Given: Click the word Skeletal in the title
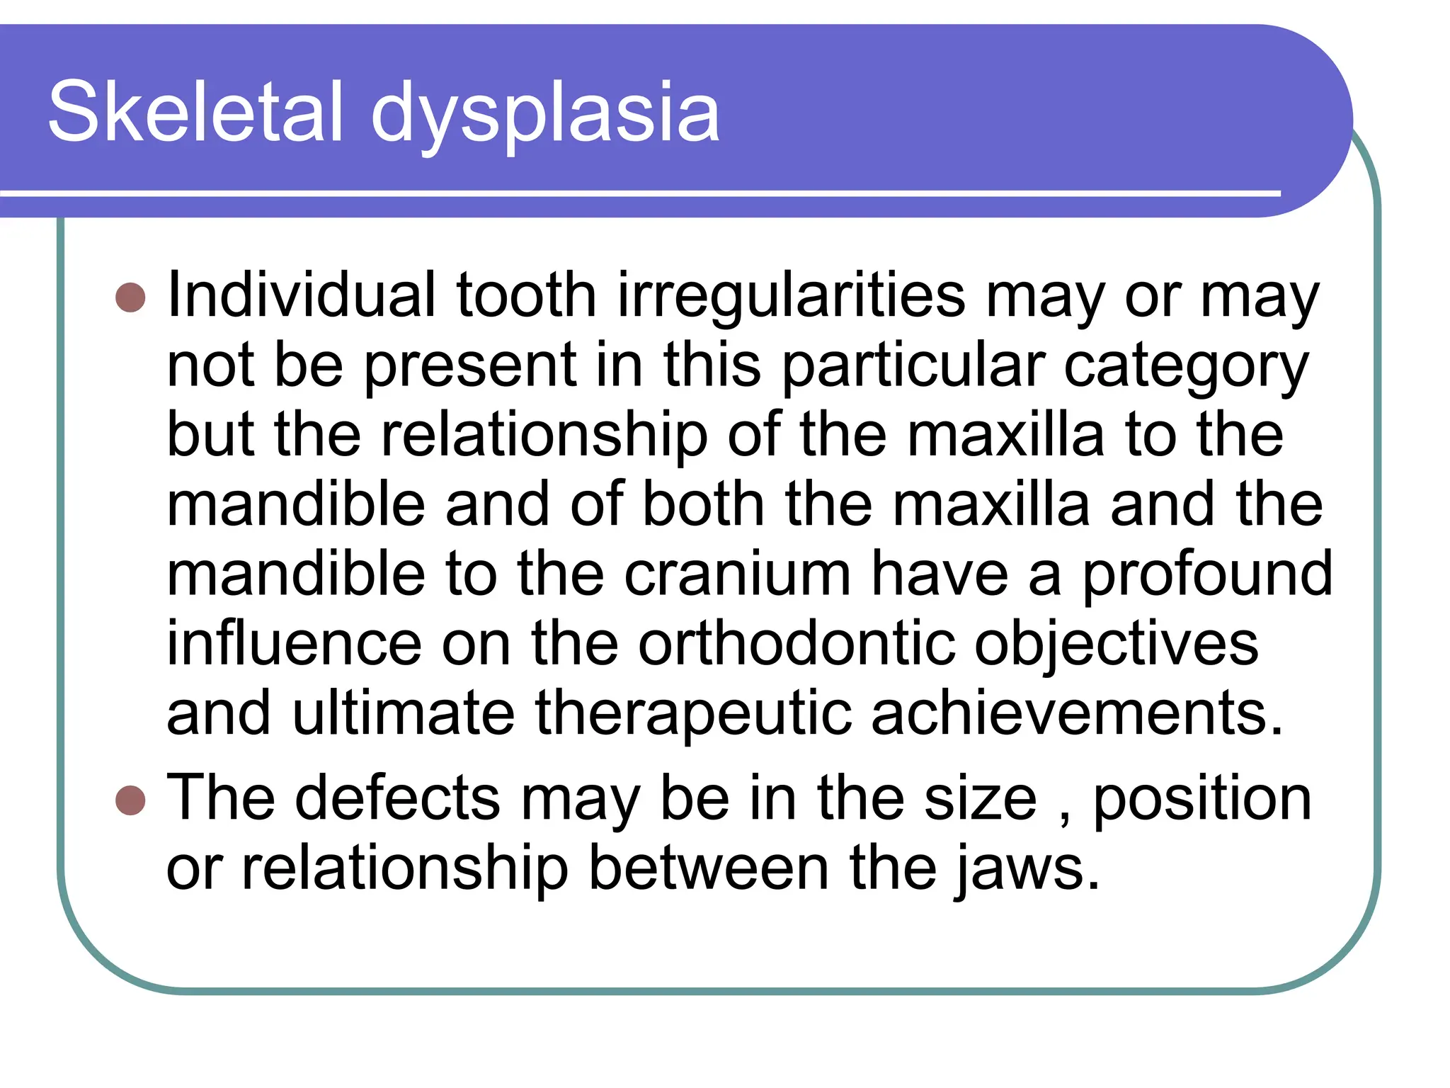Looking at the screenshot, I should (x=195, y=111).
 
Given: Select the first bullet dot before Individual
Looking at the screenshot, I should (x=130, y=297).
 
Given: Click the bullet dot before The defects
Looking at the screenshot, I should (x=130, y=800).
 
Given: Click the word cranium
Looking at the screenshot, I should (x=737, y=574).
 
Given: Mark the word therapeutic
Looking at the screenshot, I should (x=693, y=714).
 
